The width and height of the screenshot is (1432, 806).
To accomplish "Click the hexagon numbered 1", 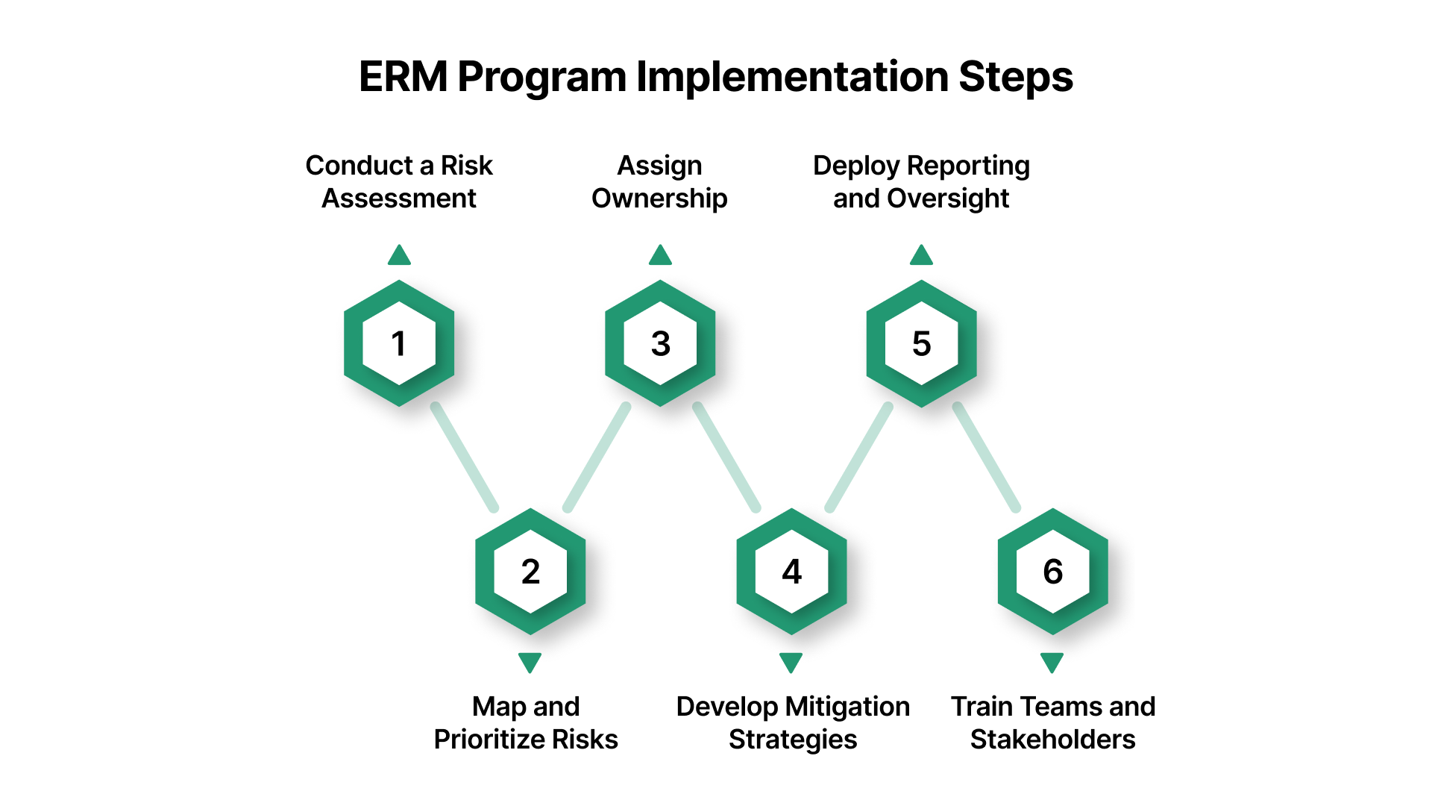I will [399, 343].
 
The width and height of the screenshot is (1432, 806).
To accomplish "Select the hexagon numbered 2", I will [530, 572].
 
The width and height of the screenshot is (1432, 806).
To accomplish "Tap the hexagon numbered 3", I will [660, 343].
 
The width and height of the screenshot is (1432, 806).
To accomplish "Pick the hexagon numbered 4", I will [791, 572].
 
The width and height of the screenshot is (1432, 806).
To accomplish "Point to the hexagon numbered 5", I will [922, 343].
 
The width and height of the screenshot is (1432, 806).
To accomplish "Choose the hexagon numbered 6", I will [1052, 572].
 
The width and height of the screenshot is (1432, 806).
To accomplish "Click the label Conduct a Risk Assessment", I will [399, 181].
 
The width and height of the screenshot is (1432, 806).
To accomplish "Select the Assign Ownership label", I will [659, 181].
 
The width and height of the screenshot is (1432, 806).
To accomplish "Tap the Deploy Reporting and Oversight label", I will [921, 181].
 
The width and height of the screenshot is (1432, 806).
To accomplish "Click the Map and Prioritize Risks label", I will [526, 722].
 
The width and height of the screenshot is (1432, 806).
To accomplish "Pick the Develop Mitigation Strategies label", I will [793, 722].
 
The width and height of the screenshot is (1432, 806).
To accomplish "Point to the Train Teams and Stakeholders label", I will [1052, 722].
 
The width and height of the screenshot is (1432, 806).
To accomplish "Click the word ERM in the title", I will [403, 77].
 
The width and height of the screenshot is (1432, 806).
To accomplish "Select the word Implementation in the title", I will [791, 77].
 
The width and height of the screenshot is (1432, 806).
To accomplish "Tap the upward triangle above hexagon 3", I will [660, 256].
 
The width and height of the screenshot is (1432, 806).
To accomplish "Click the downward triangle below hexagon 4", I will [791, 662].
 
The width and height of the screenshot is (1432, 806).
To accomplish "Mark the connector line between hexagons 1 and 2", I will [465, 457].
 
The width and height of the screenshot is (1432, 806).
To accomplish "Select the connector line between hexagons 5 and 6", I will [987, 457].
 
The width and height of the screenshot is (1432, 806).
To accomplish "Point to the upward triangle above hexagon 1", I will [399, 256].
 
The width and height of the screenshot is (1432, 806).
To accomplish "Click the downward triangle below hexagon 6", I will [1052, 662].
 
